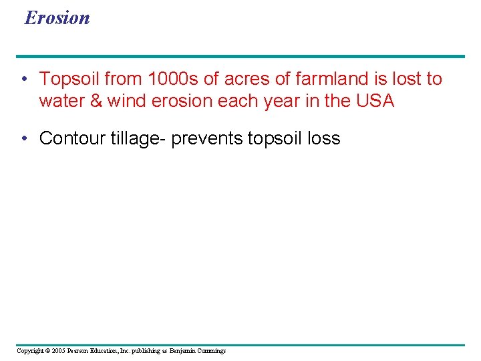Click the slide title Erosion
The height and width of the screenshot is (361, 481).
(x=57, y=17)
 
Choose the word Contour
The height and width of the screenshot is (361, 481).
(x=69, y=138)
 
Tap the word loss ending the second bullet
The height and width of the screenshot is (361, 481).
(x=324, y=138)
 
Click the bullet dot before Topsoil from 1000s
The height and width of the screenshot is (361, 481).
(x=23, y=80)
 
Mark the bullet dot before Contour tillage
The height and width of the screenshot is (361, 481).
(x=23, y=139)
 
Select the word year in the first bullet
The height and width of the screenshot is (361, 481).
(x=285, y=101)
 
